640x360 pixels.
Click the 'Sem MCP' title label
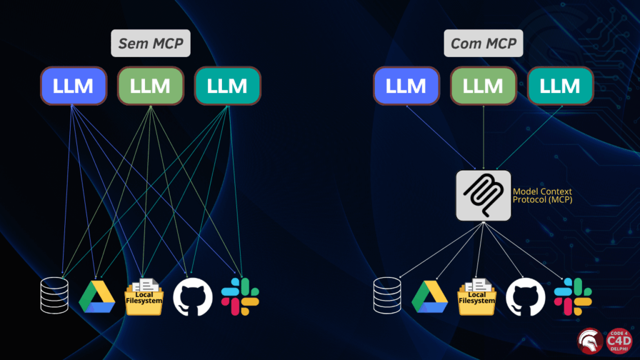[x=151, y=44]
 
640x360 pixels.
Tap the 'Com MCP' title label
[x=483, y=44]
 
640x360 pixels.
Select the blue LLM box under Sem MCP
[x=73, y=86]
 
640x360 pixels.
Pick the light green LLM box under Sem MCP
[x=150, y=86]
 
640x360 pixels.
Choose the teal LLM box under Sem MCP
[x=227, y=86]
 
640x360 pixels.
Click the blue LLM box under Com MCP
[x=406, y=86]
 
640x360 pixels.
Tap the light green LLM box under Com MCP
[x=483, y=86]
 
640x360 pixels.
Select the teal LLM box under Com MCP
[x=560, y=86]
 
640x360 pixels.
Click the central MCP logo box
[x=483, y=195]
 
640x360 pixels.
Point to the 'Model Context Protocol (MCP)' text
[x=542, y=195]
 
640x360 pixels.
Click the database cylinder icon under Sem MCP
[x=54, y=296]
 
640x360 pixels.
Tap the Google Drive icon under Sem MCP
[x=97, y=297]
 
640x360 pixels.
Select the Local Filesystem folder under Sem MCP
[x=144, y=296]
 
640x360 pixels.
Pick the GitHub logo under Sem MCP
[x=192, y=297]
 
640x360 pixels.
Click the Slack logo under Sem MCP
[x=240, y=296]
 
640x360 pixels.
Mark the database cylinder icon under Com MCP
[x=386, y=296]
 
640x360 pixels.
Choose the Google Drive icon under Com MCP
[x=429, y=297]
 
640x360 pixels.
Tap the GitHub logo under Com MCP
[x=525, y=297]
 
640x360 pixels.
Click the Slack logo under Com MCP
[x=572, y=296]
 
